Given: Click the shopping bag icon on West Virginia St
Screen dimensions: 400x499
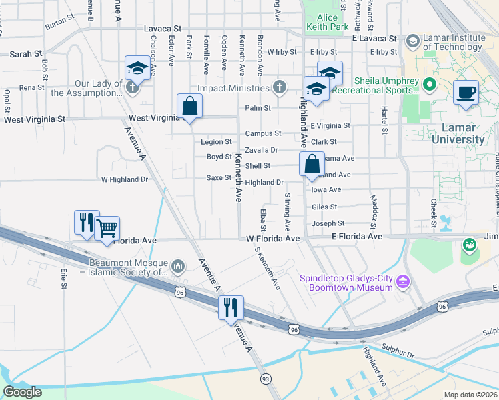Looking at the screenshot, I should coord(190,106).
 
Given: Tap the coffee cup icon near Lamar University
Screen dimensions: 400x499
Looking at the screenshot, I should coord(466,92).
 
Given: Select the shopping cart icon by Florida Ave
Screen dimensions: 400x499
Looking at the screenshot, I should coord(107,229).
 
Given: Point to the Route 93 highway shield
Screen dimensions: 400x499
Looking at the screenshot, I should coord(266,379).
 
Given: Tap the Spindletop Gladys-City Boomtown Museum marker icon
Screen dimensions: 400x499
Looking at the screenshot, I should coord(402,282).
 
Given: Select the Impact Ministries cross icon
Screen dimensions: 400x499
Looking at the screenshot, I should coord(279,88).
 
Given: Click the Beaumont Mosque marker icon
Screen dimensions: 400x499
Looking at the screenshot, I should coord(178,267).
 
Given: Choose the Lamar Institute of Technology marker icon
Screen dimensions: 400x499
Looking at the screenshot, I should coord(412,42).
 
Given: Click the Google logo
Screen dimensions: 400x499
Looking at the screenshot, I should coord(23,392).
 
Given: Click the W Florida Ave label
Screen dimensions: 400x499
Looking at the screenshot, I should coord(273,238).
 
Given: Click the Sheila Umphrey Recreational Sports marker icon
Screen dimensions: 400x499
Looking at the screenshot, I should coord(428,85).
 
